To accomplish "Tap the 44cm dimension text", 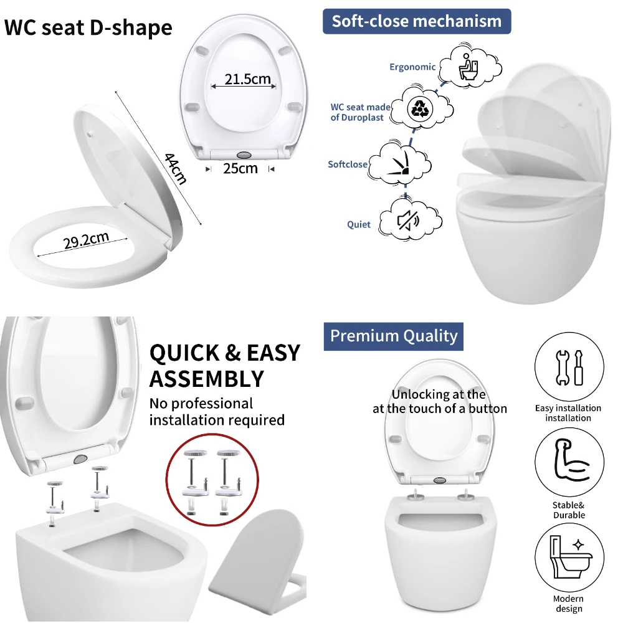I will point(175,168).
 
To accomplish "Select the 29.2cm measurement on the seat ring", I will point(86,240).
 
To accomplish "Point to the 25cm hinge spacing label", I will point(240,168).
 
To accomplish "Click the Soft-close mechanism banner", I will point(416,21).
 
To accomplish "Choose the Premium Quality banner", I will point(393,336).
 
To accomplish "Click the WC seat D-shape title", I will point(88,28).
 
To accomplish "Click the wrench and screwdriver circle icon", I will point(569,367).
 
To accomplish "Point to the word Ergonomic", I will point(412,67).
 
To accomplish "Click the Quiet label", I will point(359,225).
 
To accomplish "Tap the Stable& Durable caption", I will point(569,510).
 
